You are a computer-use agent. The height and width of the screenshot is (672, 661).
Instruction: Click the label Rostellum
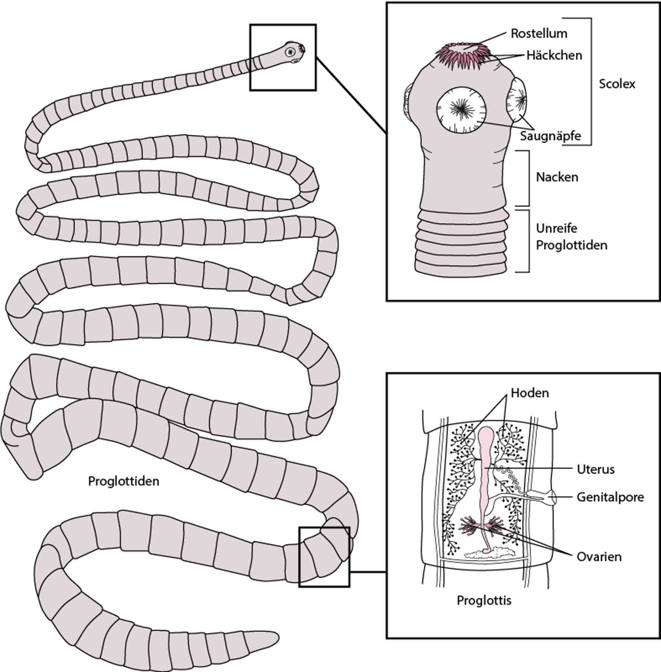pyautogui.click(x=539, y=34)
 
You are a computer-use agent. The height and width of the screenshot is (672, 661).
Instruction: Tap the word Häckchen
pyautogui.click(x=554, y=55)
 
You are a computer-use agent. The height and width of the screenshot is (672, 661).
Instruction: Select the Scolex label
pyautogui.click(x=617, y=84)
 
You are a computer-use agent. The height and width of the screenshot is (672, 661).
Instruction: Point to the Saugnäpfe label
pyautogui.click(x=550, y=136)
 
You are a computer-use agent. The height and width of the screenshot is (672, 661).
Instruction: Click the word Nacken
pyautogui.click(x=557, y=177)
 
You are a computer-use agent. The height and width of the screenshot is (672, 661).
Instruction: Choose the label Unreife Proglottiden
pyautogui.click(x=571, y=237)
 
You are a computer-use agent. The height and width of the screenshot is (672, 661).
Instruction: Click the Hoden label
pyautogui.click(x=530, y=393)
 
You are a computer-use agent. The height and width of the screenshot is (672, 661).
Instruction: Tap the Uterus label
pyautogui.click(x=595, y=469)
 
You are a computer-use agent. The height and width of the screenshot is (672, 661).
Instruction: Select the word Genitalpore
pyautogui.click(x=610, y=497)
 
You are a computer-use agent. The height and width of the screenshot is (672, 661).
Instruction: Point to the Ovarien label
pyautogui.click(x=599, y=557)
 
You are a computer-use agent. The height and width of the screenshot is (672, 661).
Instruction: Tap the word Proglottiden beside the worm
pyautogui.click(x=124, y=481)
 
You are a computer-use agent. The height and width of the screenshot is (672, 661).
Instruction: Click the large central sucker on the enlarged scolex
pyautogui.click(x=461, y=110)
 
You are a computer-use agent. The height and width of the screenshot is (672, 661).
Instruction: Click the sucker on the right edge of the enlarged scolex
pyautogui.click(x=518, y=99)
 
